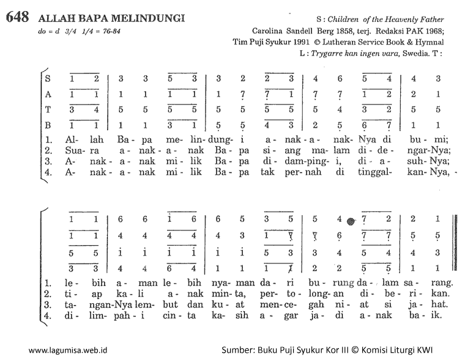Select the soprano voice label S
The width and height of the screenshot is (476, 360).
[48, 78]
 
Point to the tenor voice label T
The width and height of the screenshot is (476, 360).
[48, 110]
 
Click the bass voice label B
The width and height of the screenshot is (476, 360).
[48, 125]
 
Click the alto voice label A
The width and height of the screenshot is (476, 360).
[48, 94]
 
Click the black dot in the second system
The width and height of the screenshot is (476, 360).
[351, 221]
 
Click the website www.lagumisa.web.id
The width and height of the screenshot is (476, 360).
[68, 350]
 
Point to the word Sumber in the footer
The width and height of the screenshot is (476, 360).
[239, 350]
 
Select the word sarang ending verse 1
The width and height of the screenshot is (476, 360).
[437, 283]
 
